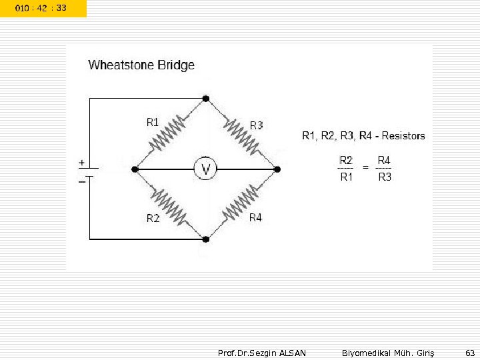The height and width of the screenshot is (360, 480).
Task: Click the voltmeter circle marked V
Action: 205,169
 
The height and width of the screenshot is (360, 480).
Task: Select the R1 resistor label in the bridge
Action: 153,122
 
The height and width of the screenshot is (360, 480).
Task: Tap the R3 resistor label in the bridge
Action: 256,125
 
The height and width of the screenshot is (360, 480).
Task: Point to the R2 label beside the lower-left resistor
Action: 153,218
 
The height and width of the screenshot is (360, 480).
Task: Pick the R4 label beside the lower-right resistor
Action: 255,217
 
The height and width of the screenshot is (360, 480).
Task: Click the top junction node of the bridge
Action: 206,99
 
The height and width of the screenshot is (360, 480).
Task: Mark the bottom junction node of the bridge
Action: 206,239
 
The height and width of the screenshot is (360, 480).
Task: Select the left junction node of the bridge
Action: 135,169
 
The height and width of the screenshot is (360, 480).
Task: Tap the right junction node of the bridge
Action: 277,169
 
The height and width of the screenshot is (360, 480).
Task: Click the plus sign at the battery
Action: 81,162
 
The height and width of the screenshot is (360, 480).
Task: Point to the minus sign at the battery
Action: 81,181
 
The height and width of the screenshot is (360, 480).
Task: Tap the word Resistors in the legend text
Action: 403,136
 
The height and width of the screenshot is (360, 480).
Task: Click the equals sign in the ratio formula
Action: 365,168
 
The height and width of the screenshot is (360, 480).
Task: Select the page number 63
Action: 470,352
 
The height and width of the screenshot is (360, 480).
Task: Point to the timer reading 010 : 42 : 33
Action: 41,8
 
